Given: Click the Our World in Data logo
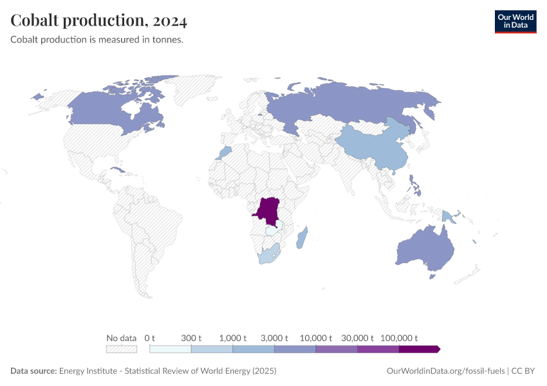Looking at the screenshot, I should [x=515, y=21].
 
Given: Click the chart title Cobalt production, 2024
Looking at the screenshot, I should [x=99, y=21].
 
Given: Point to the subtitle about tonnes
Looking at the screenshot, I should [x=97, y=40].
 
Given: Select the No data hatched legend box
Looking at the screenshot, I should [x=122, y=349].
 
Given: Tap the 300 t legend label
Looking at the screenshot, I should [x=191, y=338].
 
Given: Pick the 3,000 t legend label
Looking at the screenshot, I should [x=274, y=338].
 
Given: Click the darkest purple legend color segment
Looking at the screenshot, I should [x=418, y=349].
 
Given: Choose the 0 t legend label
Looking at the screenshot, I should [x=150, y=338].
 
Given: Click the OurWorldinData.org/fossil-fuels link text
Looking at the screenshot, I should [x=445, y=371].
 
